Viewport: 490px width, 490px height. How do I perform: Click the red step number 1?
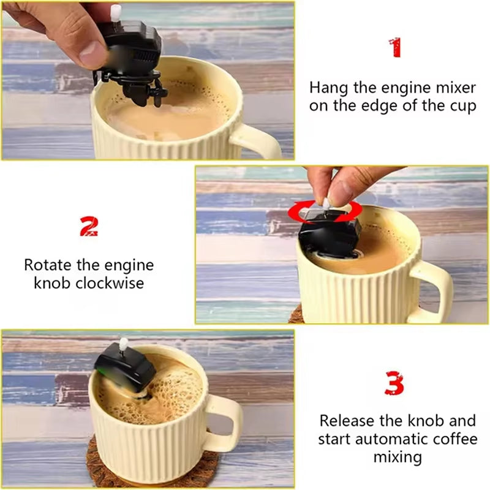tap(395, 47)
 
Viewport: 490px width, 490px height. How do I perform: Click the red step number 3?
tap(394, 384)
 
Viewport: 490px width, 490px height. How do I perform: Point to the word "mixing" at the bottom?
tap(398, 457)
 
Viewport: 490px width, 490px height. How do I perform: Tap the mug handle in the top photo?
tap(257, 141)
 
